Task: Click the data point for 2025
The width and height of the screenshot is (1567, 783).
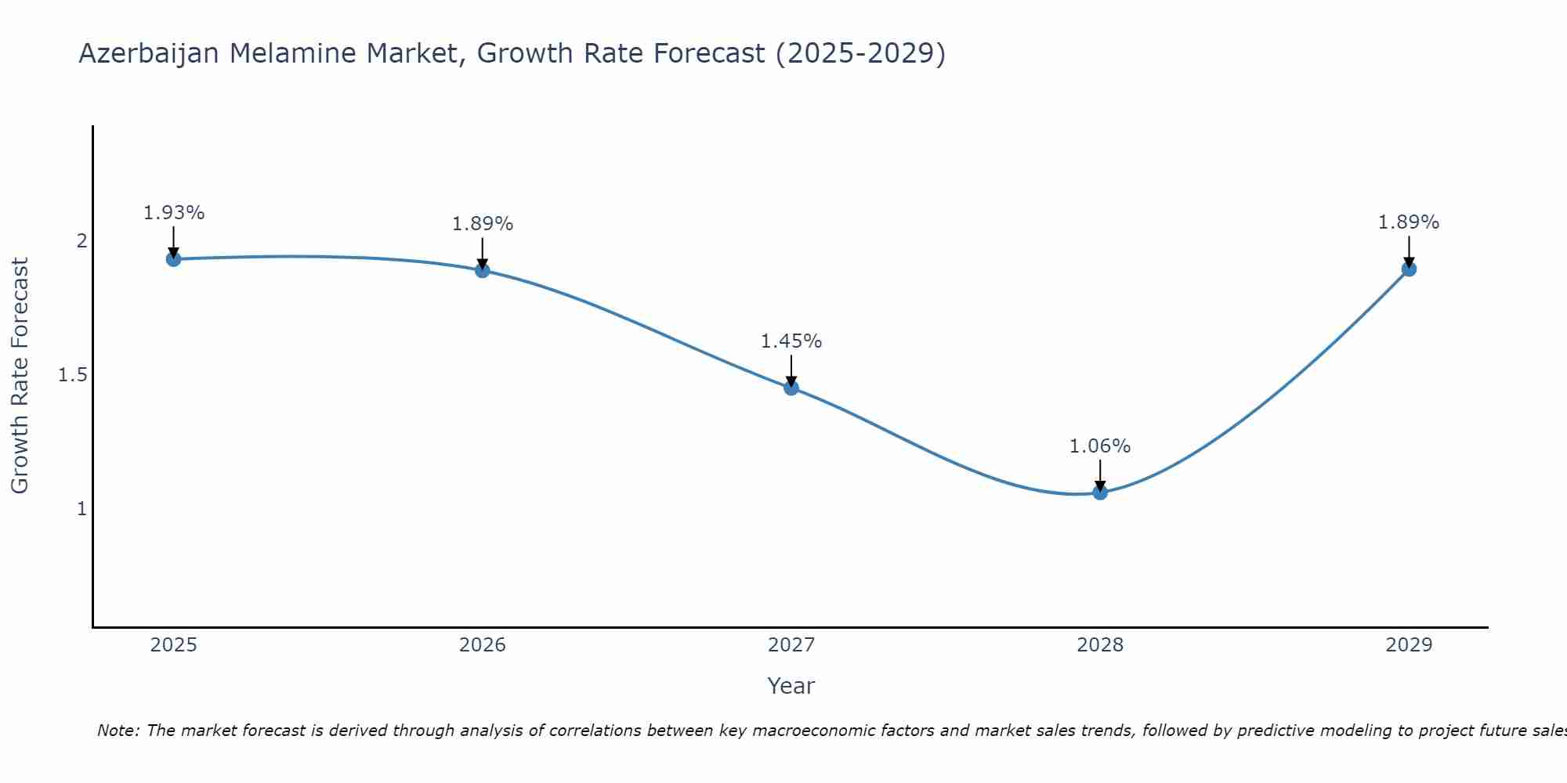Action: point(174,259)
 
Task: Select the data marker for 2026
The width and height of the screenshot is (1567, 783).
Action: point(483,270)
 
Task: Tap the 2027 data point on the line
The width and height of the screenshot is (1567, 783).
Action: point(791,388)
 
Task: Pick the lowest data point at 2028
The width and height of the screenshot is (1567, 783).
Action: point(1100,493)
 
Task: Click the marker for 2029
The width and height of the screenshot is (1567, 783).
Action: point(1409,269)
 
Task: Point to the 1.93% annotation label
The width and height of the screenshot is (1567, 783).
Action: point(174,213)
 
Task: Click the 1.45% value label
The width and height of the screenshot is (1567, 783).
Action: point(791,341)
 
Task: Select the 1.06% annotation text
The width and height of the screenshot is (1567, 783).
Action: point(1100,446)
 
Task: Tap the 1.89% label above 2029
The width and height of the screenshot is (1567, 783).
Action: point(1409,222)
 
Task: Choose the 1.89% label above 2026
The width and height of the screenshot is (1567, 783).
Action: point(483,224)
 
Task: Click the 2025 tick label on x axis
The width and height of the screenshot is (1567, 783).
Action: point(174,645)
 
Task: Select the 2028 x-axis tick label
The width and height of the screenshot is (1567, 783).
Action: point(1100,645)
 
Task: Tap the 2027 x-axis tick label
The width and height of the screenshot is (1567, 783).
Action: point(791,645)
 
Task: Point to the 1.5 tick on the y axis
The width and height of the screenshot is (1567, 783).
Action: point(72,375)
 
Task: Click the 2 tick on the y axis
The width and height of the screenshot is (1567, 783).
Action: point(81,241)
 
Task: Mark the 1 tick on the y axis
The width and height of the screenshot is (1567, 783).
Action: point(81,509)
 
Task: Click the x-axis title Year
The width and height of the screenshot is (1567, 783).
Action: point(791,686)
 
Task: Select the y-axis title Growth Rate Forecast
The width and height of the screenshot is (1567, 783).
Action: point(20,376)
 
